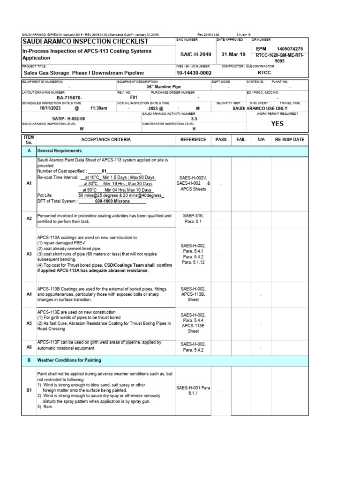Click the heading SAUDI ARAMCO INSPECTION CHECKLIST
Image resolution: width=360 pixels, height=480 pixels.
[85, 42]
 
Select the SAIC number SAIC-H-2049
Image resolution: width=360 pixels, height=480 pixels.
[193, 54]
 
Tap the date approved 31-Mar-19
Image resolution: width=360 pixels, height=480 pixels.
[233, 54]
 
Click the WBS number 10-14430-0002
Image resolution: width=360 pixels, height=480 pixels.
[194, 74]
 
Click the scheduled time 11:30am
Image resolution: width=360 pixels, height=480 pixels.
[98, 108]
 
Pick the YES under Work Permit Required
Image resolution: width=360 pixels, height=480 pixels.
[277, 124]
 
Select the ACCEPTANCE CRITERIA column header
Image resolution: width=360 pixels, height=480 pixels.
[106, 140]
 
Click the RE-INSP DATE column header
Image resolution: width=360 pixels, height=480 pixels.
[290, 140]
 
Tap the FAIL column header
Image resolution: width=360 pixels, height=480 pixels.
[241, 140]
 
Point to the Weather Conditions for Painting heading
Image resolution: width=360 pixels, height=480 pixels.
[69, 360]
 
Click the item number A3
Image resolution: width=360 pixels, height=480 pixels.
[29, 255]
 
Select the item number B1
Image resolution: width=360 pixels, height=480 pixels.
[29, 390]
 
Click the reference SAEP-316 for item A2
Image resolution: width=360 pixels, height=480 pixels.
[193, 216]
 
